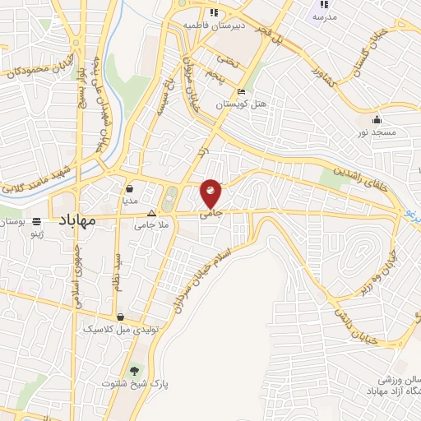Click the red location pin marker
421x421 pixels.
click(210, 193)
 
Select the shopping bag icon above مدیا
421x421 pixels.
click(131, 188)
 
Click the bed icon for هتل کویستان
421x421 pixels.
click(240, 91)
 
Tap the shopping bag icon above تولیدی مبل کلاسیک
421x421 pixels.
click(121, 316)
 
